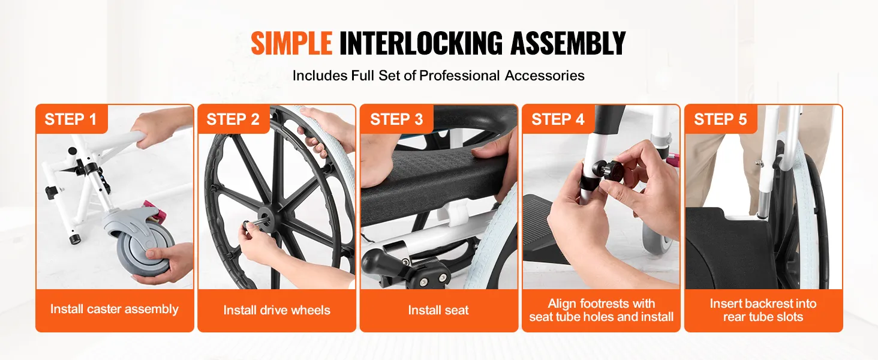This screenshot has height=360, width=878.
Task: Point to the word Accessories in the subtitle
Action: [x=545, y=75]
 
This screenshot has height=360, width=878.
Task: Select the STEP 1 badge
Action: [x=71, y=119]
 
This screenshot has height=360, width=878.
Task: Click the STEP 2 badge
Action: [x=233, y=119]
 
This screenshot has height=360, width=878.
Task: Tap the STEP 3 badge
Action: [x=396, y=119]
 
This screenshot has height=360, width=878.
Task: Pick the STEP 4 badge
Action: [x=558, y=119]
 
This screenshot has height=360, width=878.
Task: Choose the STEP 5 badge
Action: [x=720, y=119]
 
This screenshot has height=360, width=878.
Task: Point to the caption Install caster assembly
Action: [x=115, y=309]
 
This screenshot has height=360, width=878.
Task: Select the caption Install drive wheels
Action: [x=276, y=310]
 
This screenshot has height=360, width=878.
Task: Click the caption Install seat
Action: [x=438, y=310]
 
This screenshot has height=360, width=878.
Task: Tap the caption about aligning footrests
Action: [x=602, y=310]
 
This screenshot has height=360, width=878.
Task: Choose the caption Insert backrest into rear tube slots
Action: [x=763, y=310]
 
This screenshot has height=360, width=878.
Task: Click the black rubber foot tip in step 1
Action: [x=74, y=239]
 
